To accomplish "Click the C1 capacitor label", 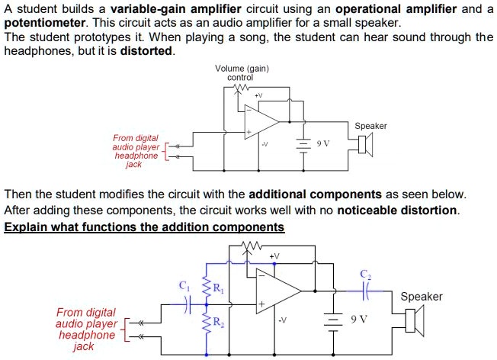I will coord(182,286).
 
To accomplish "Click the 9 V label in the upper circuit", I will coord(323,143).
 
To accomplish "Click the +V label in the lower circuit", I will coord(275,256).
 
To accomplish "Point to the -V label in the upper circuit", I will coord(265,143).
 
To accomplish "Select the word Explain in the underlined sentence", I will coord(25,227).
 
